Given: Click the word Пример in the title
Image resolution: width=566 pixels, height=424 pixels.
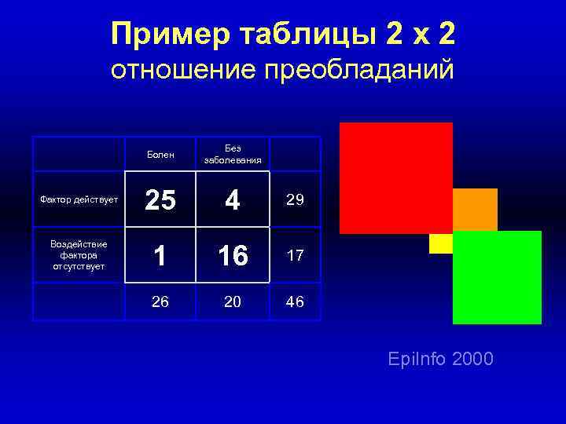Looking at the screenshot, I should tap(160, 35).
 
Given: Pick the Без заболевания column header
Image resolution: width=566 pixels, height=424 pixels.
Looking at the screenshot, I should tap(232, 154).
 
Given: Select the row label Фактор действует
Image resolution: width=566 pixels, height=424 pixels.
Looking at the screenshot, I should tap(79, 199).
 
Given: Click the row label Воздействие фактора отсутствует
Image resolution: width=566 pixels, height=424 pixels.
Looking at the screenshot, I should tap(79, 255).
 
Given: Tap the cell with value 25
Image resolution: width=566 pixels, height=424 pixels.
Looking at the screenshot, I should tap(160, 201).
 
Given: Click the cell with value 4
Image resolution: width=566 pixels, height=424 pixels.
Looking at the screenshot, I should tap(232, 201).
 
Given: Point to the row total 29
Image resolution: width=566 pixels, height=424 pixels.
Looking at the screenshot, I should tap(295, 200).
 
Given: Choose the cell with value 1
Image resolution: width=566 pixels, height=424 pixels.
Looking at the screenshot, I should tap(160, 256).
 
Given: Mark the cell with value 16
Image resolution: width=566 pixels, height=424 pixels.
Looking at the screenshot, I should tap(232, 256).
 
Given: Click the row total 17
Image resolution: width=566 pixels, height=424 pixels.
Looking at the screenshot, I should tap(295, 256).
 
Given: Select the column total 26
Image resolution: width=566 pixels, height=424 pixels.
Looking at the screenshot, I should tap(160, 302).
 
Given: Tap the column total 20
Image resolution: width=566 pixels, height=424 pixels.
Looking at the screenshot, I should tap(232, 302).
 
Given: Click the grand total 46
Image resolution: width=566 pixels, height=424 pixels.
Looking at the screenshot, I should tap(295, 302).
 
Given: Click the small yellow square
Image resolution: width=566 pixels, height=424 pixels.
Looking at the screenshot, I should tap(440, 244).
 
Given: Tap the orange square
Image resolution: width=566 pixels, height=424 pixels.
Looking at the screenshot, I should tap(476, 209).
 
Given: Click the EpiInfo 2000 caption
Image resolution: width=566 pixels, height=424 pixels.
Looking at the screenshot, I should tap(440, 360).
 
